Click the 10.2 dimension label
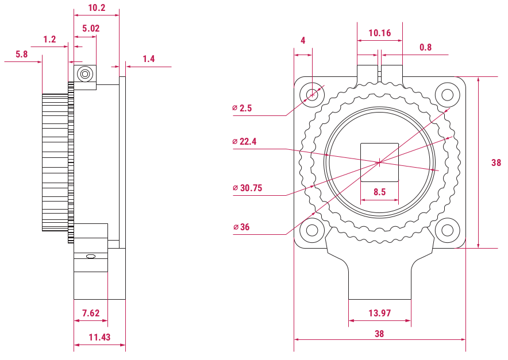(x=97, y=8)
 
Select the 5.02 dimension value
(x=91, y=29)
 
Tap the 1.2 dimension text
(x=49, y=40)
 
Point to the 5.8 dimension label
(x=22, y=54)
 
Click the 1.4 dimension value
(x=149, y=59)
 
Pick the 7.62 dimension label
(x=91, y=313)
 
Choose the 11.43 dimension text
(x=99, y=338)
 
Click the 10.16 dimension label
(x=380, y=33)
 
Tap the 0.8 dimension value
(x=425, y=48)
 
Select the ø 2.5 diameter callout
(x=242, y=108)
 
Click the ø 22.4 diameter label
(x=244, y=141)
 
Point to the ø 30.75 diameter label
(x=248, y=188)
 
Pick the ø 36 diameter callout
(x=241, y=227)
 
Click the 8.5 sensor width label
(x=379, y=192)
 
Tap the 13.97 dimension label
(x=380, y=313)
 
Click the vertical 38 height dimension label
(x=496, y=162)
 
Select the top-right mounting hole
(x=448, y=95)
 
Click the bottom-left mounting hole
(x=312, y=230)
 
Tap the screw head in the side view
(x=85, y=74)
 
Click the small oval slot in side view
(x=91, y=257)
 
